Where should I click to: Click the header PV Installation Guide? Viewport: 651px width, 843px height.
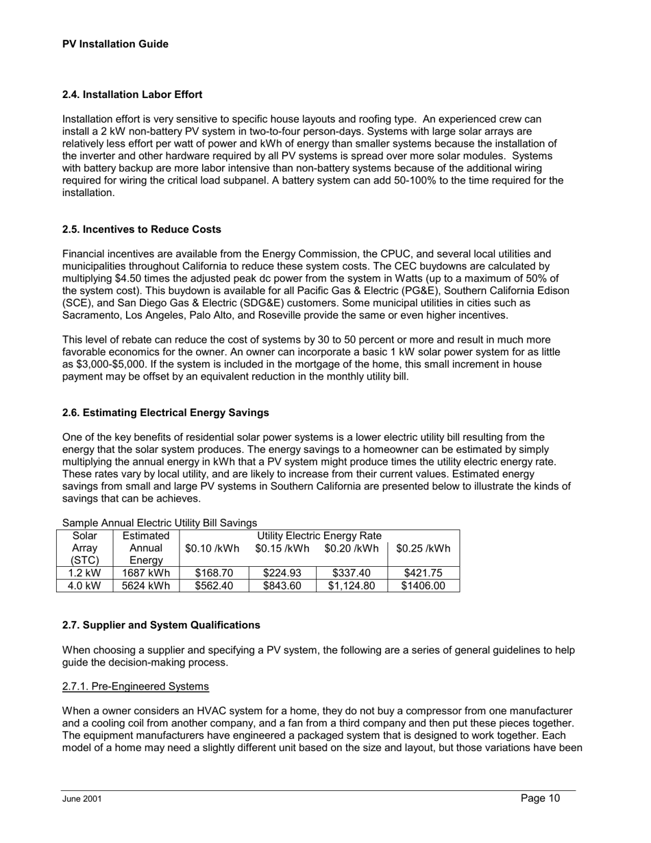pos(115,44)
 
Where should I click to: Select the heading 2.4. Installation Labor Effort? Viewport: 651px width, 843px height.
pos(132,94)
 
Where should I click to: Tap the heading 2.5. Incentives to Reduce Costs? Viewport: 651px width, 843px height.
pos(141,229)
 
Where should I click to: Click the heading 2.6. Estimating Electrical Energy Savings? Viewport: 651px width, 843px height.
pos(165,413)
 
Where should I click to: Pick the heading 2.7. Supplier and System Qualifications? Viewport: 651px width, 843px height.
pos(161,625)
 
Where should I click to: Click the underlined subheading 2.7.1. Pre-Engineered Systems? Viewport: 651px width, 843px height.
pos(135,686)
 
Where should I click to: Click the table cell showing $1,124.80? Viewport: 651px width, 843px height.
pos(351,586)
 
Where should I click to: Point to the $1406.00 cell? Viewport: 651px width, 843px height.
pos(423,586)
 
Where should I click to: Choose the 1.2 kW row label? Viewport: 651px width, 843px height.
pos(84,573)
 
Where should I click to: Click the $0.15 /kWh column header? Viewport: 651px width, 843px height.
pos(281,548)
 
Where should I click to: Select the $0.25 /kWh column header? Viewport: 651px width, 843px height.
pos(423,548)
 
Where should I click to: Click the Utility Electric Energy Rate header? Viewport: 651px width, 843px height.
pos(319,535)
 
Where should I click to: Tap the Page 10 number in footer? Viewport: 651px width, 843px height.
pos(540,798)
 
